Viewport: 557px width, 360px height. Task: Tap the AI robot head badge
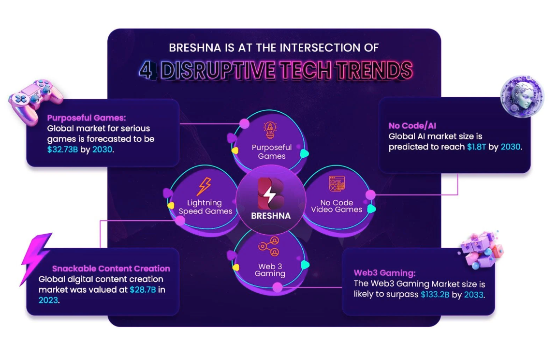click(x=522, y=96)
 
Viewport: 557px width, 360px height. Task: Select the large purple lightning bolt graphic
click(x=35, y=259)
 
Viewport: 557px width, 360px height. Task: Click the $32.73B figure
click(x=62, y=150)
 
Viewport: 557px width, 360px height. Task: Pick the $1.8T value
click(x=476, y=147)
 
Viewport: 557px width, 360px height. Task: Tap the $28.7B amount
click(x=143, y=290)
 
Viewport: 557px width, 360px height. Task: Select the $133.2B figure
click(x=435, y=295)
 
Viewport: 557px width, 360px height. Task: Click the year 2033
click(x=473, y=295)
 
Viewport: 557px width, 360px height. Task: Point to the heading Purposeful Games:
click(x=87, y=118)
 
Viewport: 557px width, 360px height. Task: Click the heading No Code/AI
click(x=412, y=125)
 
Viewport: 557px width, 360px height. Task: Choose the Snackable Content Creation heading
click(x=111, y=269)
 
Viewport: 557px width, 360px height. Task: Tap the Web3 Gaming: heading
click(x=385, y=273)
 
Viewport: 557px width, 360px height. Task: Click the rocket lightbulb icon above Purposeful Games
click(x=270, y=130)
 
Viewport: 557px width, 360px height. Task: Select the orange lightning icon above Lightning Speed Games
click(x=205, y=187)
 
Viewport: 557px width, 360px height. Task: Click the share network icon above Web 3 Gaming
click(x=269, y=246)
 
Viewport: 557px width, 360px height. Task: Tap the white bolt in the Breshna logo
click(x=269, y=195)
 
